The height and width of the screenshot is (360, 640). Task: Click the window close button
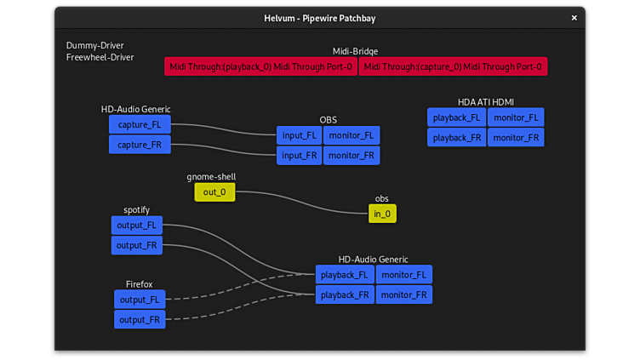tap(574, 18)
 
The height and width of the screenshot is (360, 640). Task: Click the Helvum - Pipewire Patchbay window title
tap(320, 18)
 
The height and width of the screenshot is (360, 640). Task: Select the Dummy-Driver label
tap(89, 45)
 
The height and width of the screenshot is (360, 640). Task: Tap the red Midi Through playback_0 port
tap(260, 66)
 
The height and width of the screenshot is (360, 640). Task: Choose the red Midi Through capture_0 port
tap(453, 66)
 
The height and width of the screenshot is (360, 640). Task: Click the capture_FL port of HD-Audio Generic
tap(140, 124)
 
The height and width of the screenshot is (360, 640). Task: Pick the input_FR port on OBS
tap(299, 156)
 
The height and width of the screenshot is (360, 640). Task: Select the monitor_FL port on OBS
tap(351, 135)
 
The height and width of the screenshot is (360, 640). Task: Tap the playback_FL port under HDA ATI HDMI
tap(456, 117)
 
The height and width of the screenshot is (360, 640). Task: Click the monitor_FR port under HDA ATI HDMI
tap(516, 138)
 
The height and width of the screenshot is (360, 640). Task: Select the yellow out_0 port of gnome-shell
tap(214, 192)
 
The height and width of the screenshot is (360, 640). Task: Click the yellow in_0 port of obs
tap(382, 214)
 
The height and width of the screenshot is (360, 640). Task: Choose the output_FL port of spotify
tap(136, 226)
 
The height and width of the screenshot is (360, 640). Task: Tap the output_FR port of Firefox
tap(140, 320)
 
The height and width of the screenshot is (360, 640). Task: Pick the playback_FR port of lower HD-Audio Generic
tap(345, 295)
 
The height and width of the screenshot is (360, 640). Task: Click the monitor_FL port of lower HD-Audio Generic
tap(403, 275)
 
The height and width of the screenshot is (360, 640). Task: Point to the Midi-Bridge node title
tap(355, 51)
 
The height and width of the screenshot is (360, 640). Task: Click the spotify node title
tap(136, 209)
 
